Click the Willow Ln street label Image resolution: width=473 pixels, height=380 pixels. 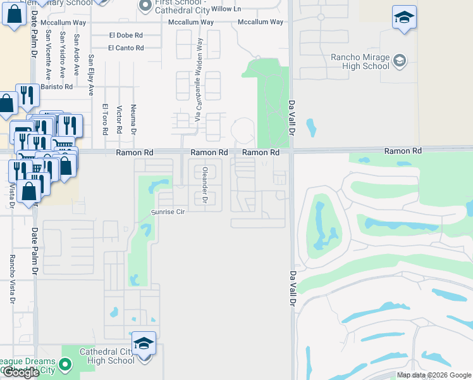(226, 8)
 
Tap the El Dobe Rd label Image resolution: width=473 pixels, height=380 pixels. (126, 35)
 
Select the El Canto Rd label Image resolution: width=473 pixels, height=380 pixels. (126, 47)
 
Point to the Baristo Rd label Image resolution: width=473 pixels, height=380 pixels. (56, 86)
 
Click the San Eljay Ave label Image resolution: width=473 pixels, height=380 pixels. (90, 69)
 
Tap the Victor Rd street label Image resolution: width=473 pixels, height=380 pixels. (119, 120)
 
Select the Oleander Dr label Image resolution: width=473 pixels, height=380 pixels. (205, 185)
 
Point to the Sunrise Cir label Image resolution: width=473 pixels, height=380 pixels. (167, 212)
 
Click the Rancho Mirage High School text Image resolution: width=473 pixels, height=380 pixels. (360, 61)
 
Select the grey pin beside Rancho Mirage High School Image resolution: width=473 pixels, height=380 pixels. (399, 61)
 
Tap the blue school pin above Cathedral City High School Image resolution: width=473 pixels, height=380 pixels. (144, 345)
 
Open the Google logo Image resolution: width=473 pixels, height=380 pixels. (20, 373)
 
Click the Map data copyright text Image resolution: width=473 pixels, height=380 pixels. (433, 375)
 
